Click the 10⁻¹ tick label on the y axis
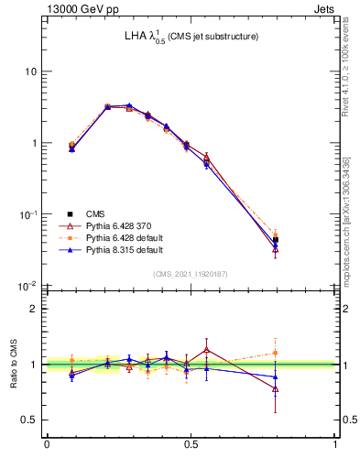[x=27, y=214]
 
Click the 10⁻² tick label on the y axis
[x=27, y=286]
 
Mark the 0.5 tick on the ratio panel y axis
[x=29, y=420]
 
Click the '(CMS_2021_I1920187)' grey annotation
[x=191, y=273]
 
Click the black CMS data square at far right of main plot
[x=276, y=240]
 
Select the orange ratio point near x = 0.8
[x=276, y=353]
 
